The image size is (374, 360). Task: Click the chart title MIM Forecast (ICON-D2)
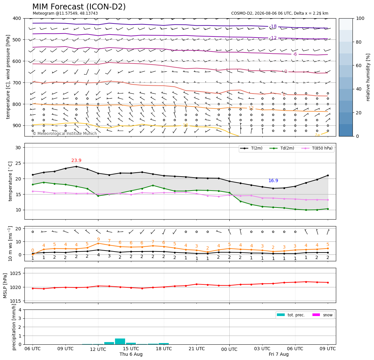pyautogui.click(x=79, y=7)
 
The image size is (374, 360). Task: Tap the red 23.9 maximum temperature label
pyautogui.click(x=76, y=160)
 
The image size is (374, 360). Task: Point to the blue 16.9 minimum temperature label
pyautogui.click(x=273, y=180)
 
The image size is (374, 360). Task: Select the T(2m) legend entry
pyautogui.click(x=252, y=148)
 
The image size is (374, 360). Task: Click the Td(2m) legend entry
pyautogui.click(x=282, y=148)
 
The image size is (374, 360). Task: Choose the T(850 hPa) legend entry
pyautogui.click(x=317, y=148)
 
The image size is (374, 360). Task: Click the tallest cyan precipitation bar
pyautogui.click(x=120, y=341)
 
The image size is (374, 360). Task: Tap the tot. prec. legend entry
pyautogui.click(x=291, y=315)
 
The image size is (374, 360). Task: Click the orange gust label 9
pyautogui.click(x=98, y=239)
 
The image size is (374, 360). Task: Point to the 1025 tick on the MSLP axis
pyautogui.click(x=16, y=273)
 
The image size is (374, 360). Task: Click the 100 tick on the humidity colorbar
pyautogui.click(x=360, y=18)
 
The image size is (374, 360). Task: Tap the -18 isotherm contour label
pyautogui.click(x=273, y=26)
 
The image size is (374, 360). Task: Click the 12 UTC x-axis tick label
pyautogui.click(x=98, y=349)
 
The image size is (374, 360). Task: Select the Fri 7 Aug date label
pyautogui.click(x=279, y=354)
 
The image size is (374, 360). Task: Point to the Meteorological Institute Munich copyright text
pyautogui.click(x=65, y=134)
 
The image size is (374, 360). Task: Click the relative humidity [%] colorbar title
pyautogui.click(x=368, y=77)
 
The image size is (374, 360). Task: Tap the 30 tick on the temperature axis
pyautogui.click(x=18, y=148)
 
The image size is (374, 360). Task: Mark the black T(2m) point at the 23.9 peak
pyautogui.click(x=76, y=166)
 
